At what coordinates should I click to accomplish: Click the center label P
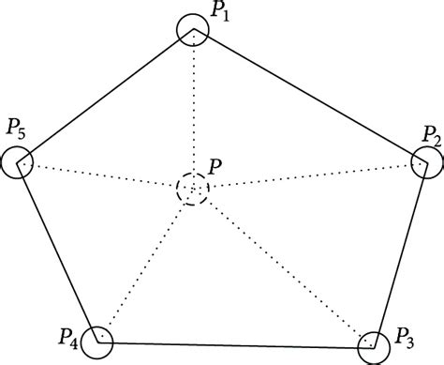coord(215,166)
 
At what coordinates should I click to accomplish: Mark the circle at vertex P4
coord(96,341)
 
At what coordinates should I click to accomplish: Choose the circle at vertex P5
coord(18,162)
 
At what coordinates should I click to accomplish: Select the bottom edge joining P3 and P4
coord(234,342)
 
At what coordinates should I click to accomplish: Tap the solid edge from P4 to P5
coord(57,251)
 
